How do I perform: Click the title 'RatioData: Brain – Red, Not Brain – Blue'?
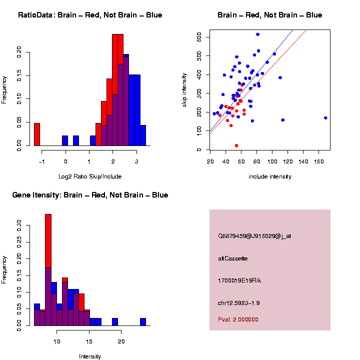coord(90,15)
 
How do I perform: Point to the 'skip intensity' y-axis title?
coord(184,90)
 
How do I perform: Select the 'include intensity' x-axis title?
coord(269,176)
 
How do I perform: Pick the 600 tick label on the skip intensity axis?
coord(199,37)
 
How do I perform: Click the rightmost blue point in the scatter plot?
coord(325,118)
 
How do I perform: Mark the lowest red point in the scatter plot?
coord(236,145)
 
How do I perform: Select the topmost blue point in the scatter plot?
coord(257,34)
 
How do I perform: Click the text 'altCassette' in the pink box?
coord(232,258)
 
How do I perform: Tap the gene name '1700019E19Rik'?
coord(239,280)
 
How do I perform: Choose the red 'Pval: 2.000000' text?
coord(238,319)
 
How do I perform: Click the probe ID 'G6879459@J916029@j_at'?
coord(254,236)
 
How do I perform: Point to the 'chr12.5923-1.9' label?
coord(238,303)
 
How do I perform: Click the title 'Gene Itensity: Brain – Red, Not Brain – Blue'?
coord(90,195)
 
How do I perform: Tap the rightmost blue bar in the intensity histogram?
coord(143,322)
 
